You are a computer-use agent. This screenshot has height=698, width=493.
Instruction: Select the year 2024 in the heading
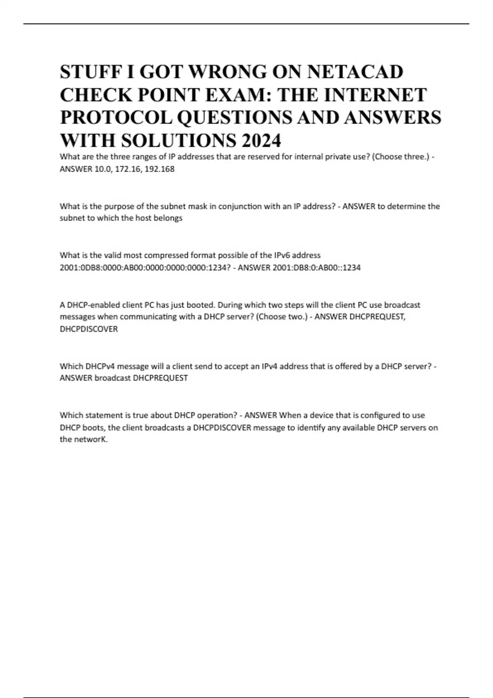click(262, 141)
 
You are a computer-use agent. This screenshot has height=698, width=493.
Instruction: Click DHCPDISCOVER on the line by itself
click(89, 329)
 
